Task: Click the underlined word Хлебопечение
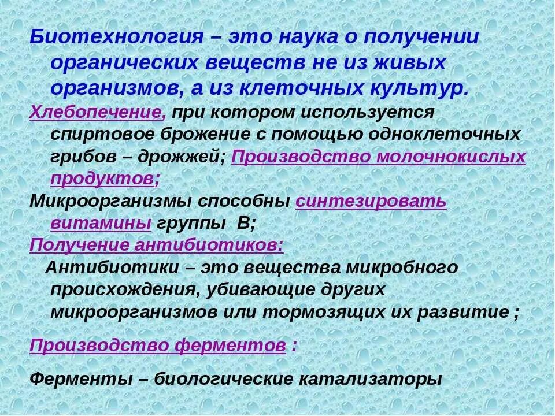pos(97,111)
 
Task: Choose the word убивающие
pos(261,289)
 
